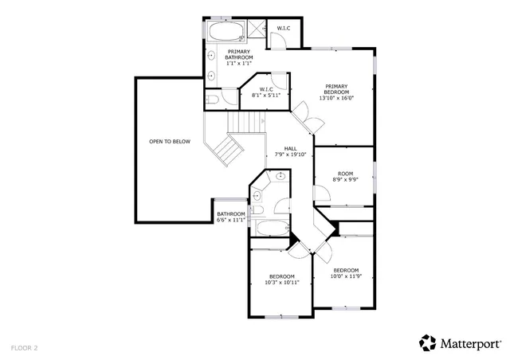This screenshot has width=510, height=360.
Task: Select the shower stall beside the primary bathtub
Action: point(257,30)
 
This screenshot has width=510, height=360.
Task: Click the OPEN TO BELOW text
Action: point(170,142)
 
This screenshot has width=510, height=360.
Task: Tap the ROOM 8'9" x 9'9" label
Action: point(345,177)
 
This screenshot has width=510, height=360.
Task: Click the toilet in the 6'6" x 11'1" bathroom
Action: point(257,210)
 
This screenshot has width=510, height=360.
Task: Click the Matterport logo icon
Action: point(428,342)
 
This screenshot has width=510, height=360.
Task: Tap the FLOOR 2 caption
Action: point(24,347)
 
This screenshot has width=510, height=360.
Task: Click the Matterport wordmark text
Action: point(470,343)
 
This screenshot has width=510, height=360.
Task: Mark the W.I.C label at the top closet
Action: point(284,29)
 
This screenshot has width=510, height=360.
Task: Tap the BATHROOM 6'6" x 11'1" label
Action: point(230,217)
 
